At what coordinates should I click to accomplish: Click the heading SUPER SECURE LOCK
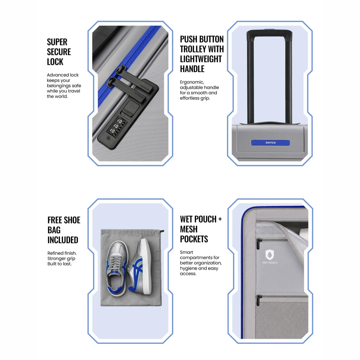click(x=59, y=52)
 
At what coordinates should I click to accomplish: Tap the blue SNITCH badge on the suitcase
click(x=270, y=143)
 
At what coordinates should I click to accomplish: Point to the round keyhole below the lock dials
click(x=108, y=138)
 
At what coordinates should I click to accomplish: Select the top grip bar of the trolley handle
click(x=269, y=33)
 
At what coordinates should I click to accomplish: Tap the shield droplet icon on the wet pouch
click(x=270, y=255)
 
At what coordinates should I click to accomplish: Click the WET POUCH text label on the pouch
click(x=270, y=263)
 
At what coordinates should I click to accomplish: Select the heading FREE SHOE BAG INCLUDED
click(x=64, y=230)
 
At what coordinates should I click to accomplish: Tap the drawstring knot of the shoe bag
click(x=163, y=231)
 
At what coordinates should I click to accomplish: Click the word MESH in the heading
click(x=189, y=229)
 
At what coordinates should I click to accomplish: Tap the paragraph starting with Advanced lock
click(x=64, y=86)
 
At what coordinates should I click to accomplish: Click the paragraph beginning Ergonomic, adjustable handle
click(x=199, y=90)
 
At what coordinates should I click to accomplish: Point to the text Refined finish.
click(x=62, y=253)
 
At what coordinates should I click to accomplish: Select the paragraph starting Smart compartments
click(x=201, y=263)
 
